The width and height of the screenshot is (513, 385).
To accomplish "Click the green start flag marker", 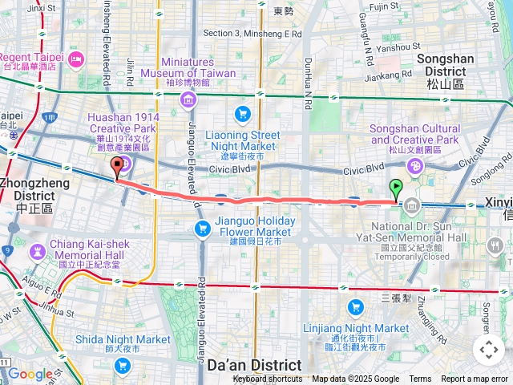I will pyautogui.click(x=395, y=190).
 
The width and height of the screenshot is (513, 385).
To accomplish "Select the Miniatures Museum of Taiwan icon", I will pyautogui.click(x=187, y=99).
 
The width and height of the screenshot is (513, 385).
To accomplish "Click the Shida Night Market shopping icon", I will pyautogui.click(x=122, y=366).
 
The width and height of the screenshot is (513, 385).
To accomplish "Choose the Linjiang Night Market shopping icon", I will pyautogui.click(x=356, y=307).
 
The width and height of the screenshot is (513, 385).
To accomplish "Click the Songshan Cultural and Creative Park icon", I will pyautogui.click(x=415, y=166).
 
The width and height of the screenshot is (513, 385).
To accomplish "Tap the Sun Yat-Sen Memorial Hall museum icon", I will pyautogui.click(x=411, y=206).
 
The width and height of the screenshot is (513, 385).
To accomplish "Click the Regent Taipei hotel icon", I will pyautogui.click(x=76, y=59).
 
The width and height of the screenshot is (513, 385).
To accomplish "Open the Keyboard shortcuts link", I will pyautogui.click(x=268, y=379).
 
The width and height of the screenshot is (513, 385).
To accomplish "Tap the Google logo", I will pyautogui.click(x=30, y=374).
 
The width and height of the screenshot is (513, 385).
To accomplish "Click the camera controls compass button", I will pyautogui.click(x=489, y=350).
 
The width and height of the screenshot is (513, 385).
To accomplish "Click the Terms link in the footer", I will pyautogui.click(x=420, y=379).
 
